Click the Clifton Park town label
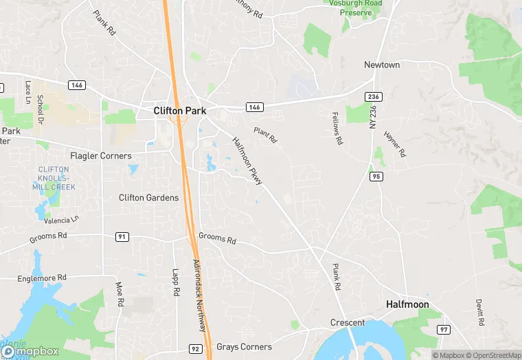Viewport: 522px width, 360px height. pos(180,110)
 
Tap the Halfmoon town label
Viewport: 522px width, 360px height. pos(407,304)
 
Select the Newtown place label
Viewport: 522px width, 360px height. pos(382,65)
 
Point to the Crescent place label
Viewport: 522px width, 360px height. pos(348,322)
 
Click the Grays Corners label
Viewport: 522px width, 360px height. pos(244,347)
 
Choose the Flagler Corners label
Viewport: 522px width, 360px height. pos(101,156)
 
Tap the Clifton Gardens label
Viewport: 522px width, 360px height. pos(148,198)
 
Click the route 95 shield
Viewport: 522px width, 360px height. pos(376,177)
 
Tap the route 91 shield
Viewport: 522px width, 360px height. pos(122,237)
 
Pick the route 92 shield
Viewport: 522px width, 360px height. pos(195,349)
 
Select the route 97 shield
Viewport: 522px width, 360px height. pos(444,330)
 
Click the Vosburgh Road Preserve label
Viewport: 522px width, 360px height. pos(356,8)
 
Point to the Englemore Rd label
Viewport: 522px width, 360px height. pos(43,278)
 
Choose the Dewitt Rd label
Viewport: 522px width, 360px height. pos(479,313)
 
